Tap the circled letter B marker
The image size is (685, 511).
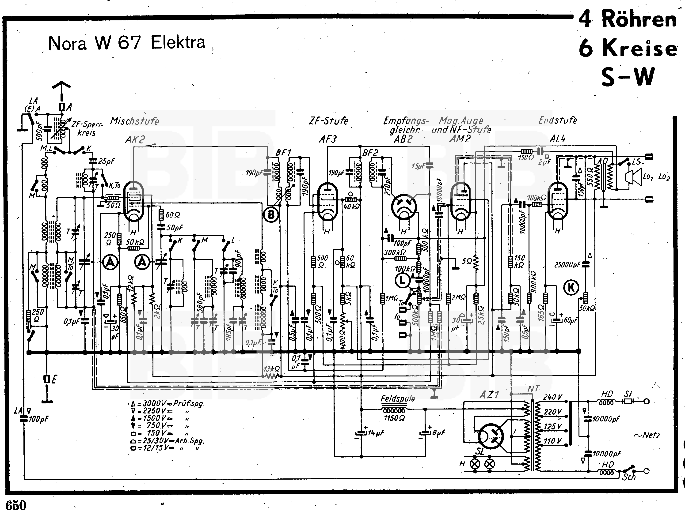point(271,214)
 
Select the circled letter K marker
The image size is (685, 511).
point(571,288)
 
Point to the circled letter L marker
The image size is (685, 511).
point(402,281)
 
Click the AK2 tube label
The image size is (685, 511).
point(135,139)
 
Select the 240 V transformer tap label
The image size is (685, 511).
point(552,397)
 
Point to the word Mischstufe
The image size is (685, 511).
point(135,121)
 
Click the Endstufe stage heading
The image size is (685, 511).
point(558,120)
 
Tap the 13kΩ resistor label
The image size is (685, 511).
point(271,369)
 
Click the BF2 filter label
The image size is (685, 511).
point(370,153)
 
